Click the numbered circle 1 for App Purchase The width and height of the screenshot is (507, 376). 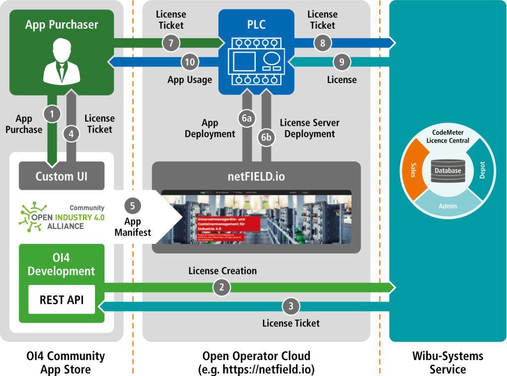point(52,114)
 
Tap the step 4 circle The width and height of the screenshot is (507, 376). point(71,134)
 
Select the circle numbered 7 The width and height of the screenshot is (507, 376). point(171,43)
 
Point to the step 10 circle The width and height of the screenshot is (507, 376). point(190,62)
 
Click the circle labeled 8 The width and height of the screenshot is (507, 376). point(322,43)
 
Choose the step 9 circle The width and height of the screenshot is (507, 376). point(341,62)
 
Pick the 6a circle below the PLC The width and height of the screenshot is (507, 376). point(247,118)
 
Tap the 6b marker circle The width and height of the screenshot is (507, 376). point(266,137)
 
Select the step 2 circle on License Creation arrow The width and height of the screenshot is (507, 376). point(221,287)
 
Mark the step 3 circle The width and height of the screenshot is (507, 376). point(291,306)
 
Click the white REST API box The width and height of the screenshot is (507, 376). point(61,299)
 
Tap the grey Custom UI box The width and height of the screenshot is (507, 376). point(61,176)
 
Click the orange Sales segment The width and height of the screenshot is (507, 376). point(414,171)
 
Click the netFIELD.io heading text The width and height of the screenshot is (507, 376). point(256,176)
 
